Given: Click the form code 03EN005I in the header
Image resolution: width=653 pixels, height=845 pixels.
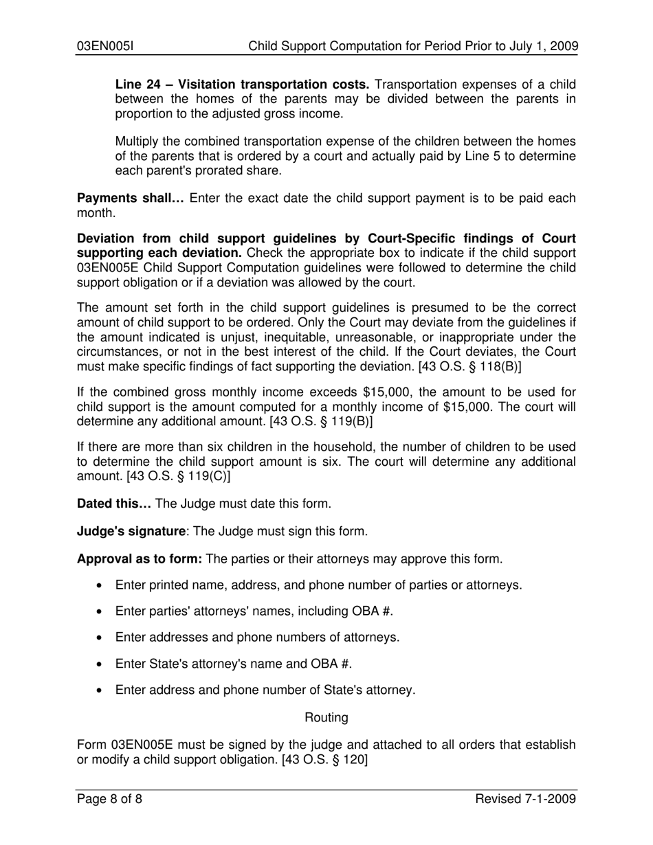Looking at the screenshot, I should pos(104,47).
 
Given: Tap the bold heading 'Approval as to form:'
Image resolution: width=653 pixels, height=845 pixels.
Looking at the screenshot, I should pos(139,559).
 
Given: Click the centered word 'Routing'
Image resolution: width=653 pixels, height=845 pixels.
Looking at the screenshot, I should pos(326,717).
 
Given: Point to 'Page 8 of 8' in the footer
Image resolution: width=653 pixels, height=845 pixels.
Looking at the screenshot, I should pos(109,799).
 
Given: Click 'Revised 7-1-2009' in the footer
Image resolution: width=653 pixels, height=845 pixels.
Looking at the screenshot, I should pos(526,799).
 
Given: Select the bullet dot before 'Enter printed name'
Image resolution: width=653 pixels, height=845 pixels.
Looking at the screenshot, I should pos(101,586).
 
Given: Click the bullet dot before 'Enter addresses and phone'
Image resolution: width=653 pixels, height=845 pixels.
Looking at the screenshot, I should pos(101,638).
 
